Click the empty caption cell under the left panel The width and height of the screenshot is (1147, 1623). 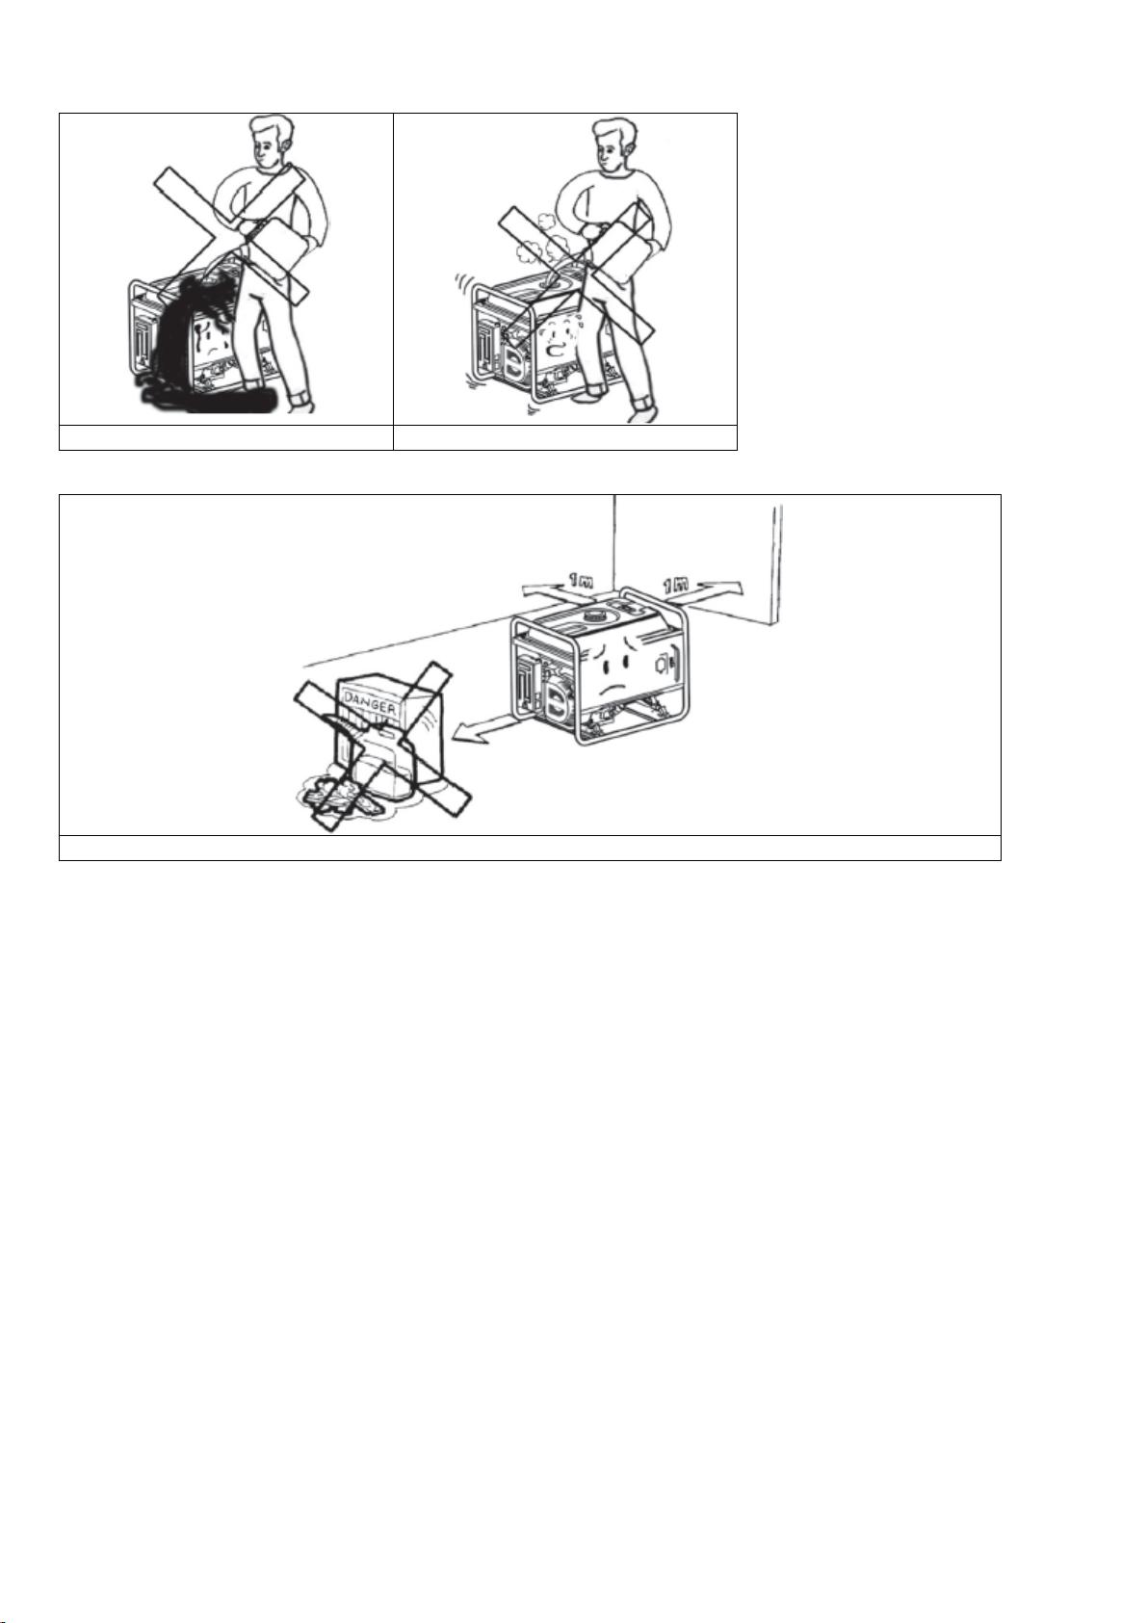point(226,437)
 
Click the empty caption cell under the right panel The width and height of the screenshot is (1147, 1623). point(565,437)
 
